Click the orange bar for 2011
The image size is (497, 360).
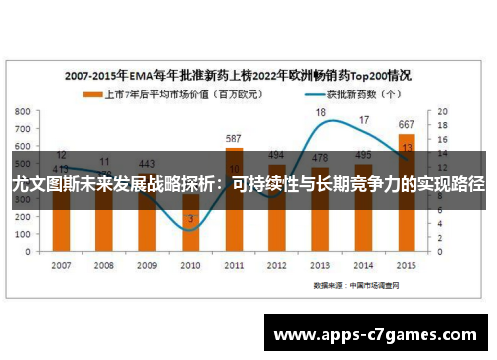point(234,219)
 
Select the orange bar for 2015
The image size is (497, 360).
point(407,219)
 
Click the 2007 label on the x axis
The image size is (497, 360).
point(62,265)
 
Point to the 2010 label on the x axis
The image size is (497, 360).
point(190,265)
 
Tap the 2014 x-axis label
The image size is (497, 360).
point(363,265)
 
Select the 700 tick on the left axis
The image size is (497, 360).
point(23,129)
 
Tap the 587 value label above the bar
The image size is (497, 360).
point(234,138)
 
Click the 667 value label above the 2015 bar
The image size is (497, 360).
point(407,124)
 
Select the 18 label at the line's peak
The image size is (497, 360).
point(320,113)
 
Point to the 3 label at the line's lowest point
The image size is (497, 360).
point(190,218)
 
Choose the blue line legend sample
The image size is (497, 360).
point(288,95)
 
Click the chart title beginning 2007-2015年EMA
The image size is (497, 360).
point(239,75)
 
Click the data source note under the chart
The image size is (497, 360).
point(359,284)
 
